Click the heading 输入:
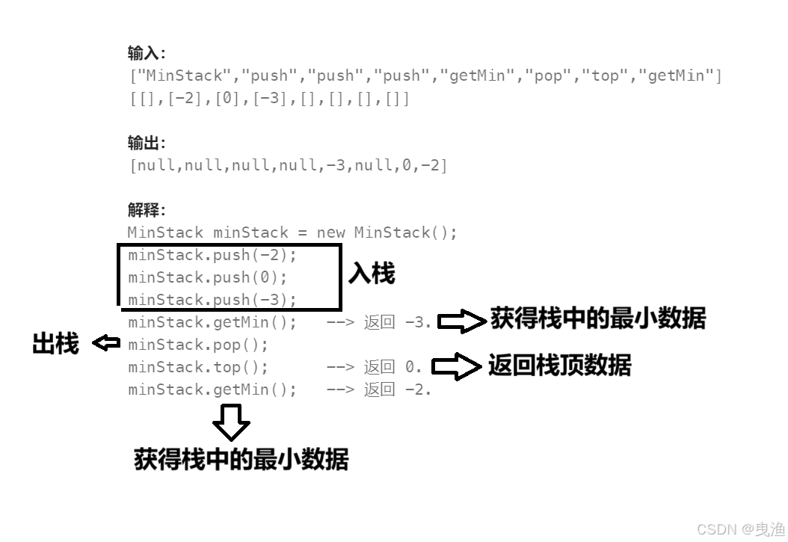pyautogui.click(x=147, y=53)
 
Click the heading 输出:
pyautogui.click(x=147, y=143)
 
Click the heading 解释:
pyautogui.click(x=147, y=210)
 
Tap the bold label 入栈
pyautogui.click(x=371, y=274)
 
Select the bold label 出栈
pyautogui.click(x=55, y=344)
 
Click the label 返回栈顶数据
pyautogui.click(x=559, y=366)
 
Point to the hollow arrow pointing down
pyautogui.click(x=230, y=422)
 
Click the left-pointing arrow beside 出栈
pyautogui.click(x=106, y=343)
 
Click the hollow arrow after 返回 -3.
pyautogui.click(x=461, y=321)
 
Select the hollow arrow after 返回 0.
pyautogui.click(x=456, y=366)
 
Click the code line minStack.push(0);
pyautogui.click(x=208, y=277)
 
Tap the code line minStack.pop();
pyautogui.click(x=198, y=345)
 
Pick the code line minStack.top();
pyautogui.click(x=198, y=367)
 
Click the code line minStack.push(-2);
pyautogui.click(x=212, y=255)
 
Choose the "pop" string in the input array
pyautogui.click(x=548, y=76)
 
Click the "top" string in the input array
pyautogui.click(x=605, y=76)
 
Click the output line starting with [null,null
pyautogui.click(x=289, y=165)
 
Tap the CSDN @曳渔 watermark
pyautogui.click(x=740, y=529)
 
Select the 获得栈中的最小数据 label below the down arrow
pyautogui.click(x=241, y=459)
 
